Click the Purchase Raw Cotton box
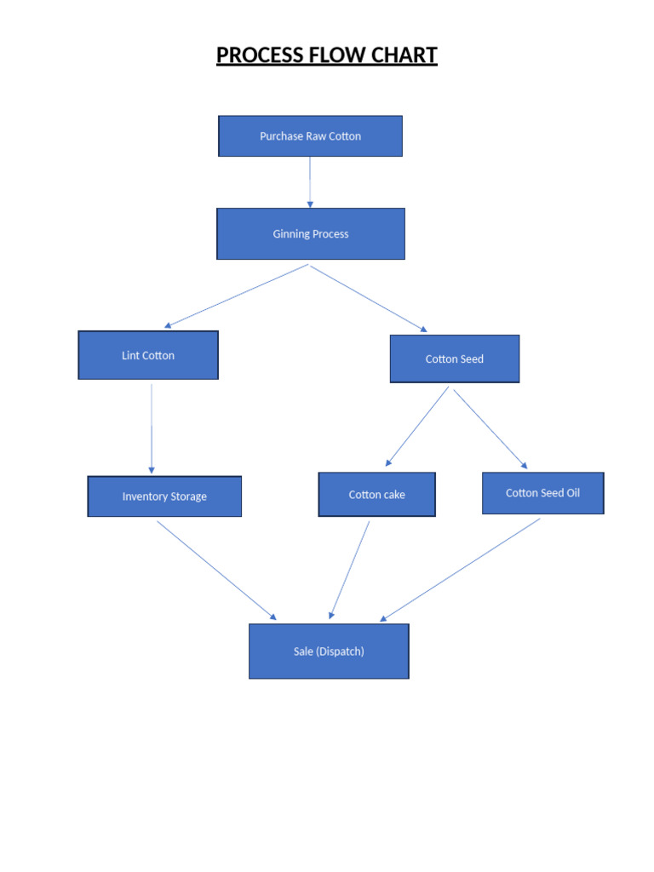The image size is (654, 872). tap(310, 136)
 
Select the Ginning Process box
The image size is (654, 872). tap(310, 234)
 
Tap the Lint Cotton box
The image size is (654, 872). tap(148, 355)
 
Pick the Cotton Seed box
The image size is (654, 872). tap(454, 359)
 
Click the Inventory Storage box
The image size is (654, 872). tap(164, 496)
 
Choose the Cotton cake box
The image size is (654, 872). tap(376, 495)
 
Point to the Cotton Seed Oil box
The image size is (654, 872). tap(542, 493)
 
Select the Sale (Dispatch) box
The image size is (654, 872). tap(329, 651)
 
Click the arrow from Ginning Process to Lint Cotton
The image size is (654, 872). tap(236, 296)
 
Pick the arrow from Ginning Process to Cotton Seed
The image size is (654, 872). tap(369, 298)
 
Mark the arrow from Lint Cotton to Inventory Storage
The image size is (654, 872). tap(152, 428)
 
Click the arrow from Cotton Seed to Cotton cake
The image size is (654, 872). tap(417, 427)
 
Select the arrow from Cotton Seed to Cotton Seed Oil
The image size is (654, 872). tap(490, 428)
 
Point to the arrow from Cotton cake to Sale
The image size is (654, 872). tap(349, 570)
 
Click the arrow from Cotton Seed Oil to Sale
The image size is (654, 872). tap(460, 570)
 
